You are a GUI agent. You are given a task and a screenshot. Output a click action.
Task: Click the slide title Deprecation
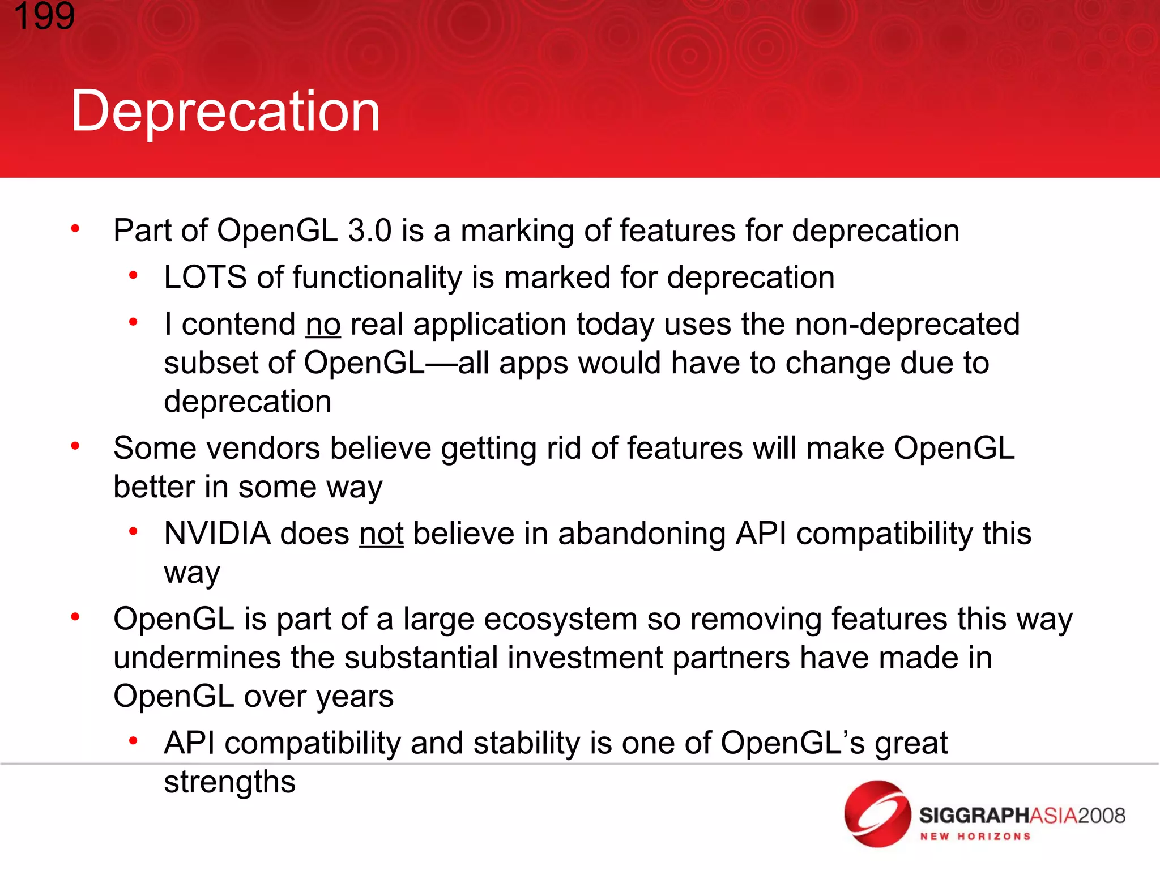pos(225,112)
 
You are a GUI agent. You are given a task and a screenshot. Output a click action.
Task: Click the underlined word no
pos(323,325)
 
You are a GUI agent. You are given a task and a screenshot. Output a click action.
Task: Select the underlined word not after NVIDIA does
pos(381,534)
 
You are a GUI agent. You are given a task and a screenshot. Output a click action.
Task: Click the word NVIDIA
pos(217,534)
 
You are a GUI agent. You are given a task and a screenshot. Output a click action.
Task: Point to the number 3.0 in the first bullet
pos(369,231)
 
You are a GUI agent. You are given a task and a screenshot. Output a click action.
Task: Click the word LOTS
pos(205,278)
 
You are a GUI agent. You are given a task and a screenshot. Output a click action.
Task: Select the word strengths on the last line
pos(229,782)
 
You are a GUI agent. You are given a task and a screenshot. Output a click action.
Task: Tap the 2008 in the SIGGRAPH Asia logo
pos(1101,816)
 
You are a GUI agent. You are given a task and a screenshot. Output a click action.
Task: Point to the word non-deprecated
pos(907,325)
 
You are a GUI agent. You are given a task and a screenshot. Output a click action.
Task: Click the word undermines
pos(197,658)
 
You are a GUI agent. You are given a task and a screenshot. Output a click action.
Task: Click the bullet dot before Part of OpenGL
pos(75,229)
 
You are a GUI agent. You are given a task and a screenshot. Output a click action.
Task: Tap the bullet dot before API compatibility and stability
pos(133,741)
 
